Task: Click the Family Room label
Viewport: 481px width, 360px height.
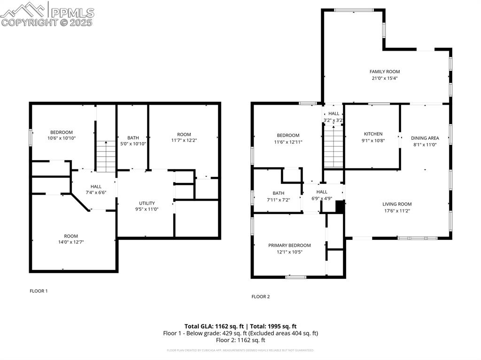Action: pos(384,72)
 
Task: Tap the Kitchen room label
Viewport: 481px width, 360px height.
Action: pos(373,134)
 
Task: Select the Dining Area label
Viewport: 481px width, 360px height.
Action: pos(425,138)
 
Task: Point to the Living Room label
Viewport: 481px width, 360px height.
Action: pos(397,204)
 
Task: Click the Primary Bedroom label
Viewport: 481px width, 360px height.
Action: pos(289,245)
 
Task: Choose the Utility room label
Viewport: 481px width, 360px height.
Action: pos(147,203)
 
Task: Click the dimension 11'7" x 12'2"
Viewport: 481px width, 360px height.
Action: pos(184,140)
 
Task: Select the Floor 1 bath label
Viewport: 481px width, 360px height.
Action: pos(132,138)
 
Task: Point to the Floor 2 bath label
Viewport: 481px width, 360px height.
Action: pos(278,193)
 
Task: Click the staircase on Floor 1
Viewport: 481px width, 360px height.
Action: pos(106,157)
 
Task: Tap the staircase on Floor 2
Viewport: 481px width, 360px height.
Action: pos(334,148)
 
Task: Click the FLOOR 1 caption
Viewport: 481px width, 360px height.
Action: pos(39,291)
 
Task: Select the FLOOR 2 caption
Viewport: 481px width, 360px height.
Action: pos(261,297)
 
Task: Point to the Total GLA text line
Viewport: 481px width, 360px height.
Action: pos(240,326)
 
